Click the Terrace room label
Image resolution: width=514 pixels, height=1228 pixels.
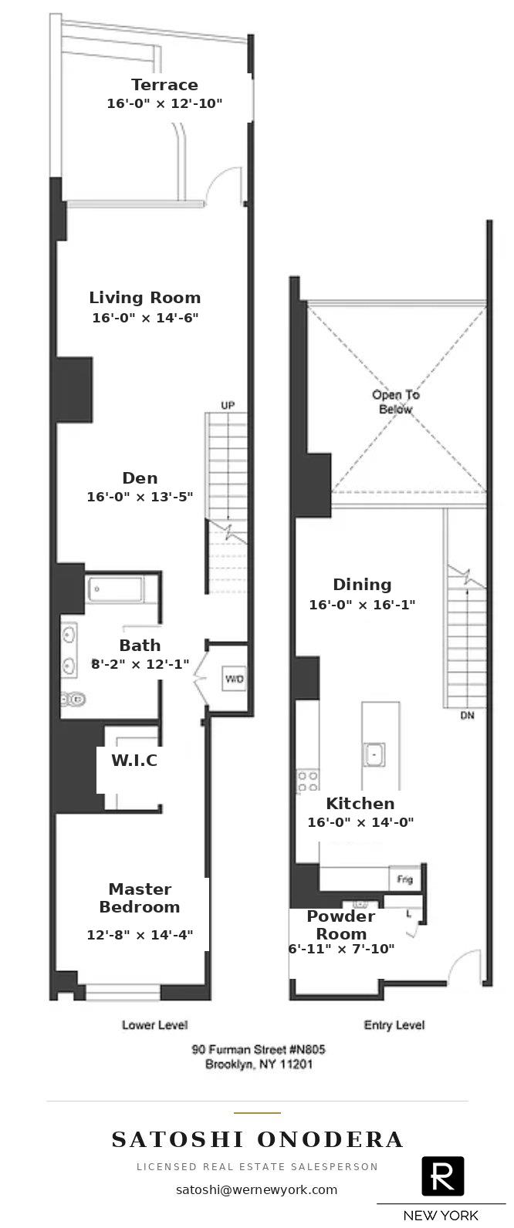pos(164,84)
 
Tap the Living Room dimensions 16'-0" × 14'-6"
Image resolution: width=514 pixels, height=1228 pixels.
pos(145,318)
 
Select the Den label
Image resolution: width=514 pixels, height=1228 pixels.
pos(140,477)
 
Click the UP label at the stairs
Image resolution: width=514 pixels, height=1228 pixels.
pos(228,405)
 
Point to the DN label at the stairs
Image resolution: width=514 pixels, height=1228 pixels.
pos(468,715)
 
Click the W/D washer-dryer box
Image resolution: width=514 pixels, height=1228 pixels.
pos(235,679)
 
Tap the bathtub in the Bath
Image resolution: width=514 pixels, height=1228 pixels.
pos(115,589)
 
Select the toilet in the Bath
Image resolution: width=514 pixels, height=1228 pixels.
pos(74,699)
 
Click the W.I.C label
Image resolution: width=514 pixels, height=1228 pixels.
pos(134,760)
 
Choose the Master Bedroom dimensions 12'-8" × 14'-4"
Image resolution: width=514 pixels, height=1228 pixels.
pos(140,934)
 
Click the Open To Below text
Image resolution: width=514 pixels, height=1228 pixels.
pos(395,402)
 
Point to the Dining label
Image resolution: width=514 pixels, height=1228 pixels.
pos(362,584)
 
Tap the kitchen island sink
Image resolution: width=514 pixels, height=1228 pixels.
pos(374,754)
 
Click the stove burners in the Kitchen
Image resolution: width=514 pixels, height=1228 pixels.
pos(308,781)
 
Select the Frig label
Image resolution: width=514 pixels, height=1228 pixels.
pos(405,879)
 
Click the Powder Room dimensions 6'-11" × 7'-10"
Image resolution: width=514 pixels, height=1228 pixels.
pos(342,949)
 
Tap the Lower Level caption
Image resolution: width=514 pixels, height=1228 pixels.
pos(154,1024)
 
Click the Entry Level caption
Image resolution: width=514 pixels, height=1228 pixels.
pos(394,1024)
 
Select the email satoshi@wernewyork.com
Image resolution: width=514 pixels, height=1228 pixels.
pos(257,1189)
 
